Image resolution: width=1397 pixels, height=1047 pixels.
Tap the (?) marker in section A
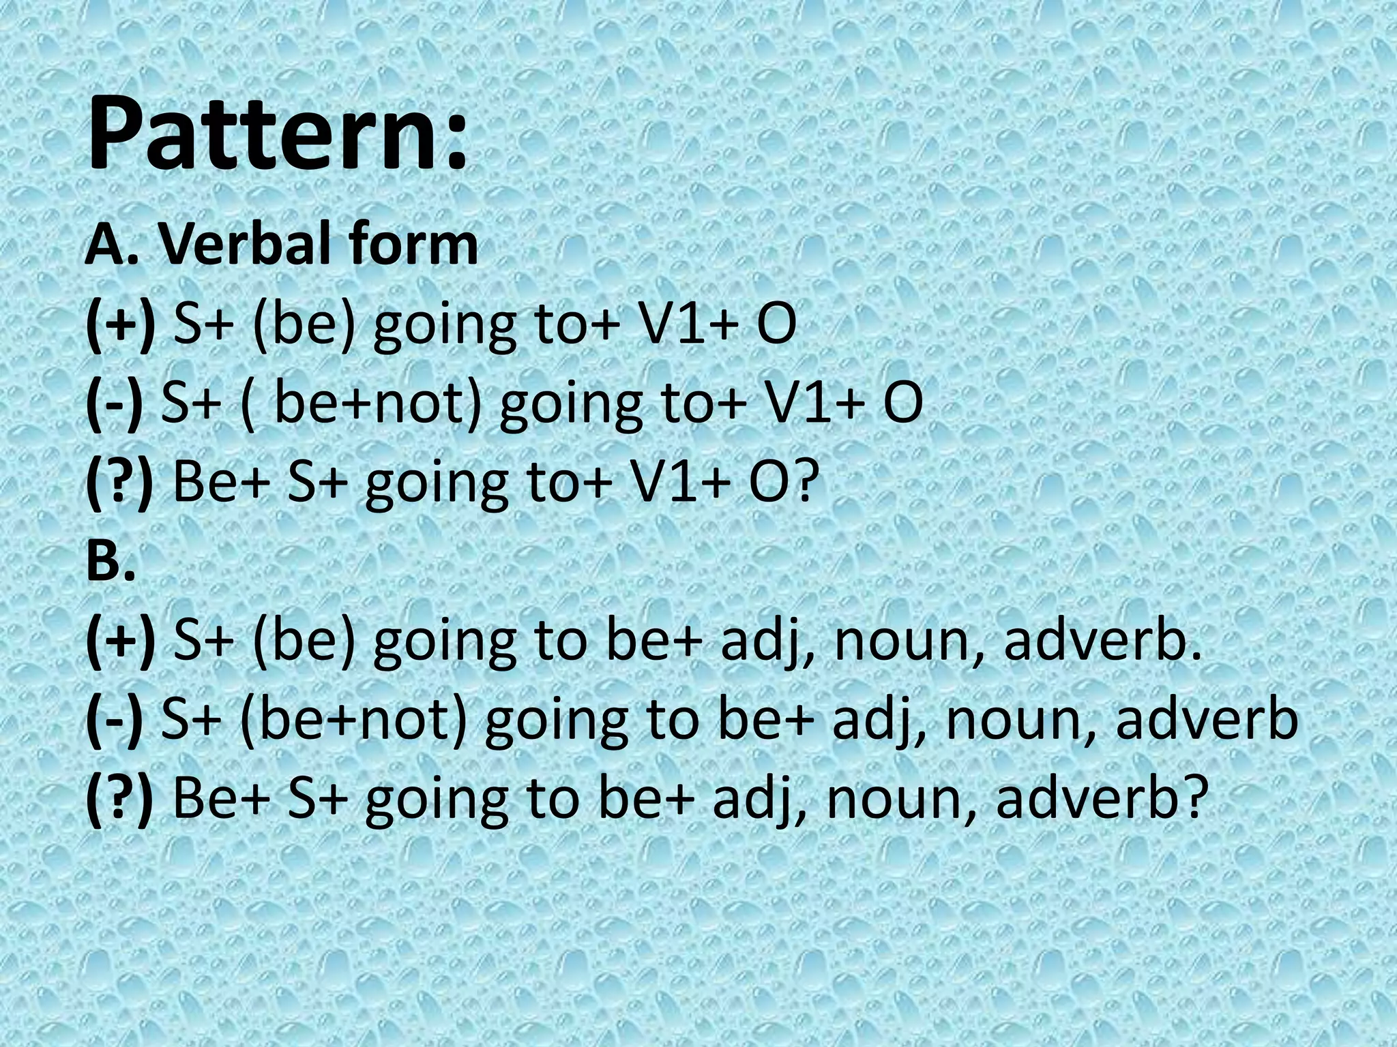coord(120,481)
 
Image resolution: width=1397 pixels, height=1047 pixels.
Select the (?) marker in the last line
coord(120,799)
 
